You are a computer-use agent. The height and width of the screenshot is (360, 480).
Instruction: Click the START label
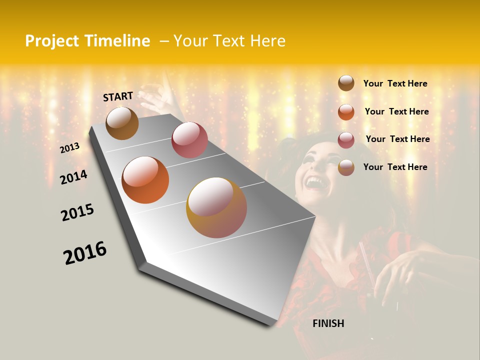[118, 96]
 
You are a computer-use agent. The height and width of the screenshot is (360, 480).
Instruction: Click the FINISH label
[328, 323]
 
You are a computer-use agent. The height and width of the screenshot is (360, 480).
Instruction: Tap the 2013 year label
[69, 148]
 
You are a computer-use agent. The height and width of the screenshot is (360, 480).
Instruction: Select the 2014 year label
[73, 177]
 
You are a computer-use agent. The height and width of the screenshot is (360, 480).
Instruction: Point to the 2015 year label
[77, 212]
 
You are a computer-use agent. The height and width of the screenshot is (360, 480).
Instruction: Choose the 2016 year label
[85, 253]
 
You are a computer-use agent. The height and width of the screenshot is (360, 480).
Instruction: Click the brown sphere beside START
[122, 123]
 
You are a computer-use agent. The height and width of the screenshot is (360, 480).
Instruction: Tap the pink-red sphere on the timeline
[189, 140]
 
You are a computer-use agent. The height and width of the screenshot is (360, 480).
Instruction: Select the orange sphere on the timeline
[145, 180]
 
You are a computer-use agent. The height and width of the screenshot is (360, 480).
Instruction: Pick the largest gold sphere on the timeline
[216, 207]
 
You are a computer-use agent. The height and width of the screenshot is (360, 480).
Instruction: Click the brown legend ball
[346, 83]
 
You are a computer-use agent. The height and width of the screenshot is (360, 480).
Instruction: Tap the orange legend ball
[346, 112]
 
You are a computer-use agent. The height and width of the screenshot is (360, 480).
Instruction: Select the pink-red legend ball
[346, 140]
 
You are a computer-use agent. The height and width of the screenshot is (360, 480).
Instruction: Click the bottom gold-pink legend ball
[346, 167]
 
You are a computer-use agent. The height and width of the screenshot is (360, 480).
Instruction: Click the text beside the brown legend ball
[395, 83]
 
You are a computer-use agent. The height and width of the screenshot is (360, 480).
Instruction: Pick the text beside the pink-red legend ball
[397, 139]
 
